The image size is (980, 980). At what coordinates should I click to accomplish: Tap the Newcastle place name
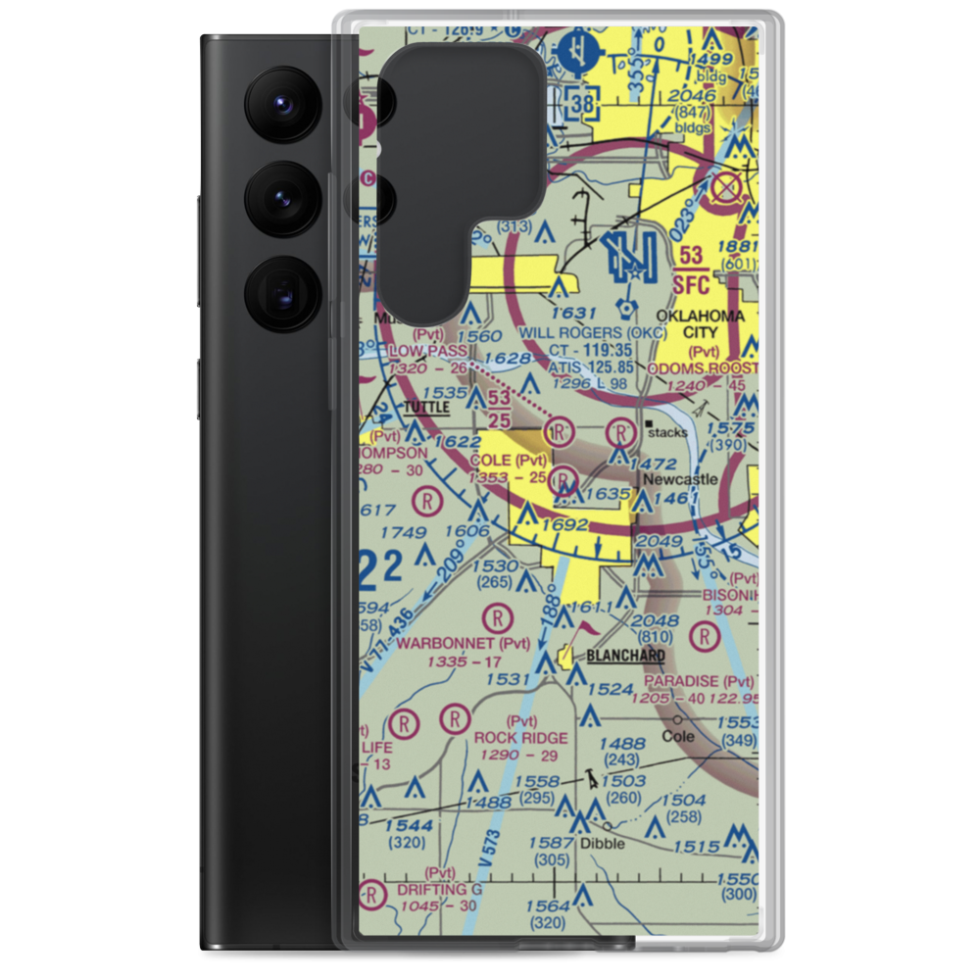pos(680,479)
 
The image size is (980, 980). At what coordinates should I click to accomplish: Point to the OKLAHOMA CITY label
pos(700,324)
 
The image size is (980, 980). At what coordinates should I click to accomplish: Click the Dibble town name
pos(601,843)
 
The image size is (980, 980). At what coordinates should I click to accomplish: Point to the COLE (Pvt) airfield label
pos(509,460)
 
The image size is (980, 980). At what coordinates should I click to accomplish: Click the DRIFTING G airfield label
pos(440,889)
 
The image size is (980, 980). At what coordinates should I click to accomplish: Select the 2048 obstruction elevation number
pos(656,619)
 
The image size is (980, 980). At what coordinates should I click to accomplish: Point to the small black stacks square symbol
pos(648,423)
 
